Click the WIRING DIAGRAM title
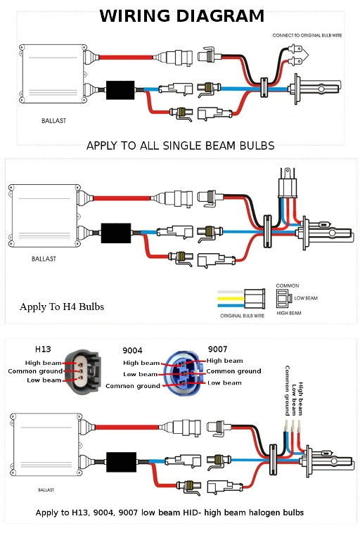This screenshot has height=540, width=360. [182, 16]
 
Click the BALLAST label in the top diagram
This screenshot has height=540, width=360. [53, 121]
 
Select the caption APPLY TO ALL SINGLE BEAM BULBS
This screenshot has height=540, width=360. [180, 146]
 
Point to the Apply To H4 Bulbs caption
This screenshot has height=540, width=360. [62, 307]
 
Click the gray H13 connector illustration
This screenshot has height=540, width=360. [82, 371]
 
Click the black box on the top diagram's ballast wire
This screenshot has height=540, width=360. [122, 90]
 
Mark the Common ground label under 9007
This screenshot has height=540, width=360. [233, 371]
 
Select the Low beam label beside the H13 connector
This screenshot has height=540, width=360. [43, 380]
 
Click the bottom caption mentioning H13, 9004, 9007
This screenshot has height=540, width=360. [169, 513]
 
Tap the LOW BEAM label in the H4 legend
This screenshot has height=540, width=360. [305, 298]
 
